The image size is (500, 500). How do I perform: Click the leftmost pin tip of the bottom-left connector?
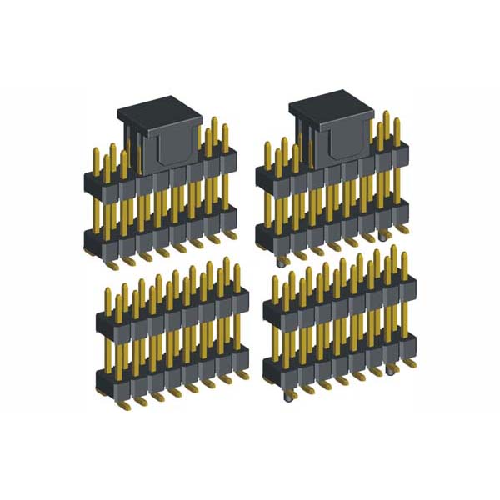[x=107, y=291]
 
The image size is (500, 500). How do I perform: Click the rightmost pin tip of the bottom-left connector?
[x=237, y=268]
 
